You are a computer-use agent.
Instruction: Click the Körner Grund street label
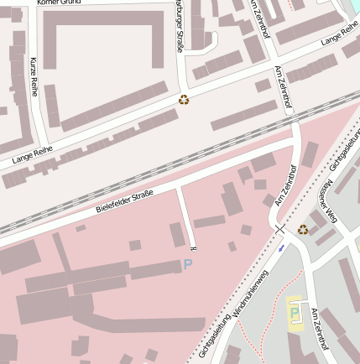coord(61,3)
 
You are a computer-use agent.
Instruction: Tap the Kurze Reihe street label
coord(34,76)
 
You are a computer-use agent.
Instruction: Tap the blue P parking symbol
coord(188,264)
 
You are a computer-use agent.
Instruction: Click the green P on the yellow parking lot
coord(294,313)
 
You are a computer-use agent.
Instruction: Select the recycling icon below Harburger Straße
coord(184,100)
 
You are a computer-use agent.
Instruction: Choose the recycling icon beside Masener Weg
coord(303,228)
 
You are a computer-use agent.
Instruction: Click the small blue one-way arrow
coord(282,247)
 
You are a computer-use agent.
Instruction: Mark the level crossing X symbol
coord(279,228)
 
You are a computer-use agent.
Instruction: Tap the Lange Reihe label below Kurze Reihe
coord(33,153)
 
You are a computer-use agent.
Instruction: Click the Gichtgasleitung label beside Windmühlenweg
coord(215,335)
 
